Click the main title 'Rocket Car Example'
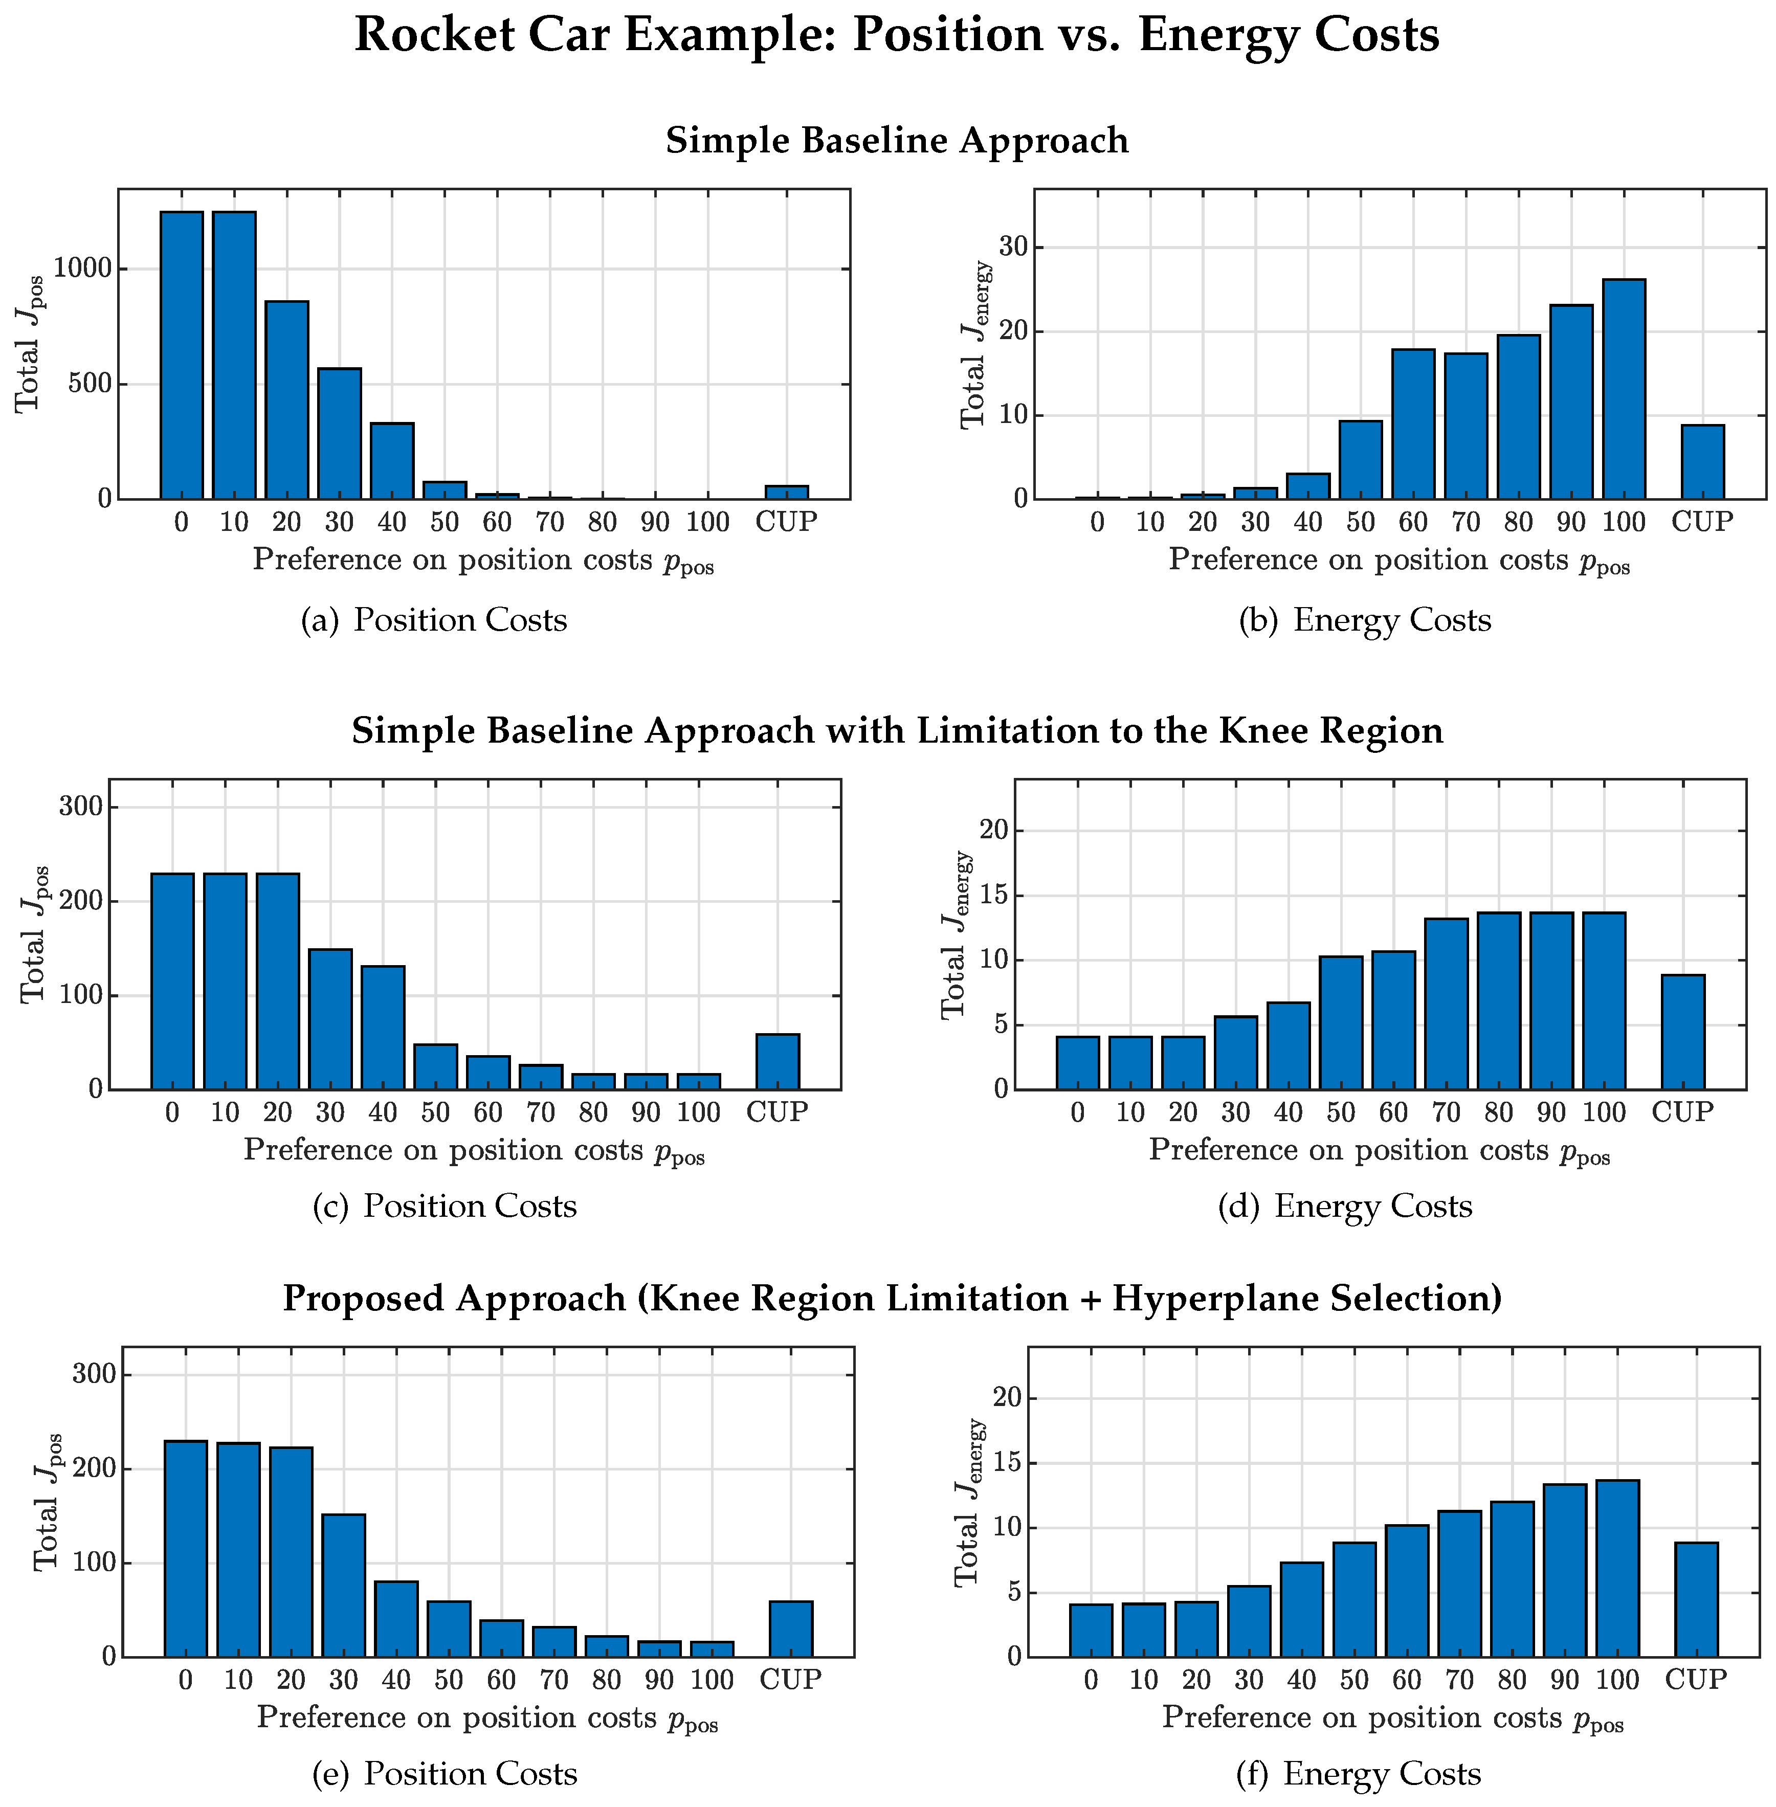click(896, 35)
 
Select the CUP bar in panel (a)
click(786, 492)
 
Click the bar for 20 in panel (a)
click(286, 399)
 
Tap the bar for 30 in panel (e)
click(343, 1586)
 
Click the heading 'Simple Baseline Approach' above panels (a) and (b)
click(896, 141)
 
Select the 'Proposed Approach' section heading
click(892, 1298)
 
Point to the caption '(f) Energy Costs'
click(1358, 1773)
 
